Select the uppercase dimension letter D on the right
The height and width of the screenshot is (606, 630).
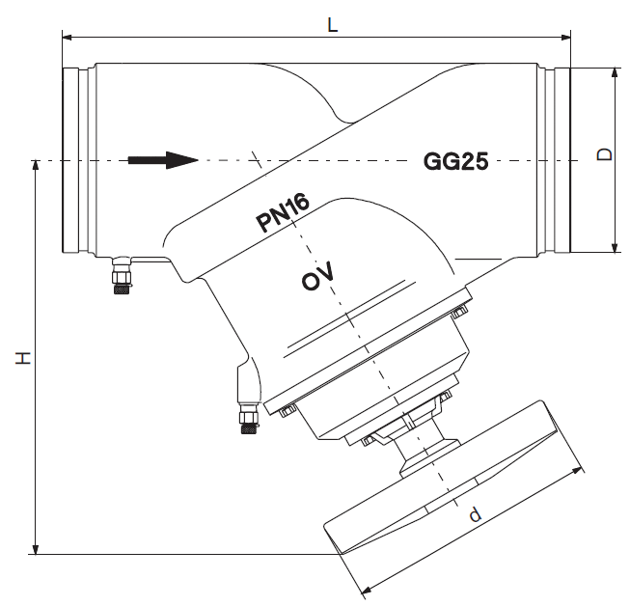click(605, 155)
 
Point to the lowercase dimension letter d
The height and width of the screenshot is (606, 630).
click(474, 515)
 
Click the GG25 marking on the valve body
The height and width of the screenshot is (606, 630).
click(455, 161)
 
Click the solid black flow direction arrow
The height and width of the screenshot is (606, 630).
click(161, 159)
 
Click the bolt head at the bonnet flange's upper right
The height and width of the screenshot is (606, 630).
click(458, 311)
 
